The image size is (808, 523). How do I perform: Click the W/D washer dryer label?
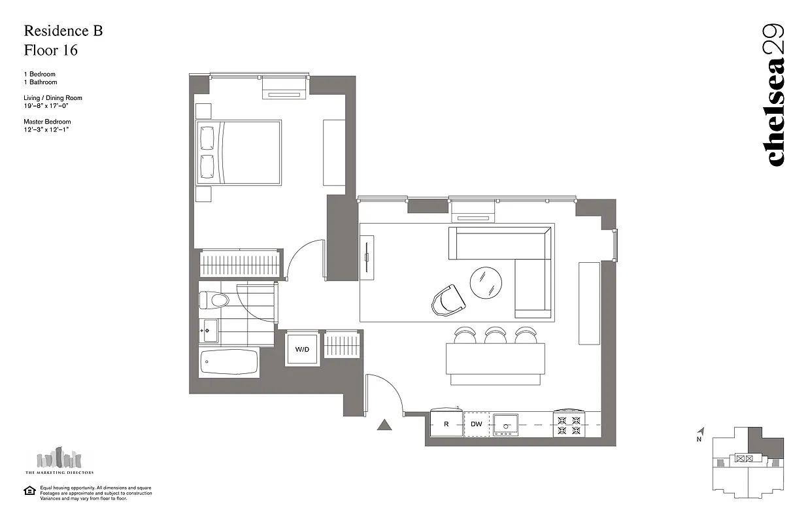click(302, 350)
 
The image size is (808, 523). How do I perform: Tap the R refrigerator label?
click(446, 424)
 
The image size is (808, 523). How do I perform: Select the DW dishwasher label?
click(477, 424)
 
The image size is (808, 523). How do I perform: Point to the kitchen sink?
click(505, 424)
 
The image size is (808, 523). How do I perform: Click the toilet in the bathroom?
click(214, 301)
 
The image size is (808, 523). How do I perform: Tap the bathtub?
click(229, 362)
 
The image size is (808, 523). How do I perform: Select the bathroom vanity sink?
click(209, 331)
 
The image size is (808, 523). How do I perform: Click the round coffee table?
click(486, 282)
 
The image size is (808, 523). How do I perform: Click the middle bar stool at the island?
click(495, 335)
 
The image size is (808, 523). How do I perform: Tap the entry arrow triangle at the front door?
click(384, 426)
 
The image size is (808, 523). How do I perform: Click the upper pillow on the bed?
click(207, 137)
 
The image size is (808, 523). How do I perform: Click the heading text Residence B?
click(63, 31)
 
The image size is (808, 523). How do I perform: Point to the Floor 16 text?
click(50, 50)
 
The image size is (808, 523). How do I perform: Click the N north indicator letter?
click(699, 439)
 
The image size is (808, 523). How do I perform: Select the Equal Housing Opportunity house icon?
click(29, 491)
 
